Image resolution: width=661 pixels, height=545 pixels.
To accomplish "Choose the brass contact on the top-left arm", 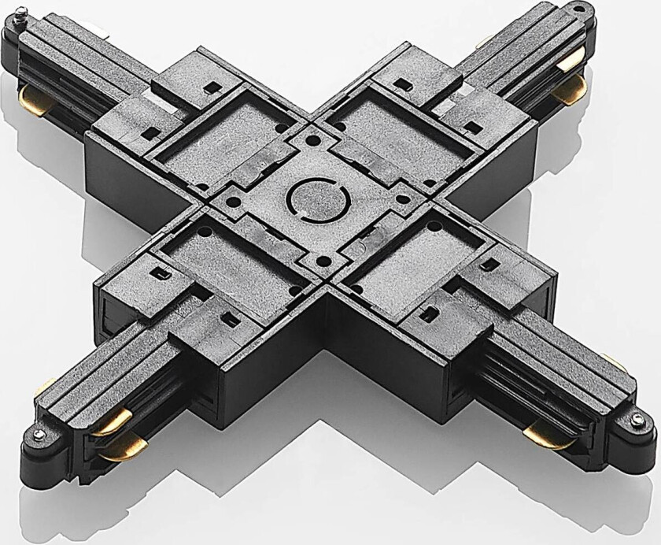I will click(x=31, y=100).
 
